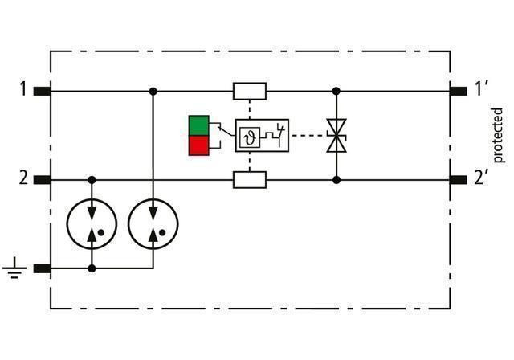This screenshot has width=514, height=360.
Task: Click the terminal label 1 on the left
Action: click(x=24, y=88)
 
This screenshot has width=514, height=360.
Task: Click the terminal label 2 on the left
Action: click(x=24, y=178)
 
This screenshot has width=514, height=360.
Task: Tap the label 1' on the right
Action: click(x=481, y=88)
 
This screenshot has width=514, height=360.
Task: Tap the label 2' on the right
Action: click(x=481, y=178)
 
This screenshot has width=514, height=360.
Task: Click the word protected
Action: click(x=498, y=135)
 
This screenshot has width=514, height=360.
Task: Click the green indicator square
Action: click(x=198, y=125)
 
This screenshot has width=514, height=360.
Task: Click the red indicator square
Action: click(x=198, y=145)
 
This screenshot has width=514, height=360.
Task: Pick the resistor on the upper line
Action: click(x=250, y=91)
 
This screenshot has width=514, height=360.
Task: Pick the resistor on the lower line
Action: click(x=250, y=179)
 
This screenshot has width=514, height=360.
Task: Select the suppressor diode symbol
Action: click(x=336, y=136)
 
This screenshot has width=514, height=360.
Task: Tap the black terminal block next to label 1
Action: click(x=42, y=91)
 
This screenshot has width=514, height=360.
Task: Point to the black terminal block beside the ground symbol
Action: click(x=42, y=269)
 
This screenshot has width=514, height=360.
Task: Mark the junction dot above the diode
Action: click(x=336, y=91)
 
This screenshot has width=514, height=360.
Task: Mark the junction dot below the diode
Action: click(x=336, y=179)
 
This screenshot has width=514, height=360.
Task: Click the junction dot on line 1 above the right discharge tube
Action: click(x=152, y=91)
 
